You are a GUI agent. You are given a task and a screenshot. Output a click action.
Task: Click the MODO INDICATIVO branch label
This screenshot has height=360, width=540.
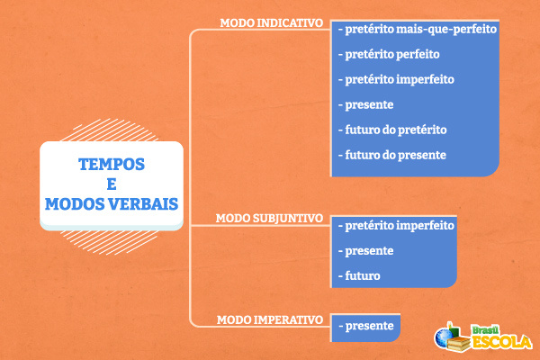point(271,22)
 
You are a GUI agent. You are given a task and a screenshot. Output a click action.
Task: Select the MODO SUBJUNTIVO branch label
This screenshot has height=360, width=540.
point(272,218)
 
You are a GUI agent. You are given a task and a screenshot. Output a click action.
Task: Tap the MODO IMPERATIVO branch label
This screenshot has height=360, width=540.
point(270,319)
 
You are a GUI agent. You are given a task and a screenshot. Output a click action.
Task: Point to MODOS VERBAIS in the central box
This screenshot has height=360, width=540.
point(112,203)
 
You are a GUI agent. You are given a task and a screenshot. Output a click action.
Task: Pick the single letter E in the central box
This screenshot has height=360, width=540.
point(112,184)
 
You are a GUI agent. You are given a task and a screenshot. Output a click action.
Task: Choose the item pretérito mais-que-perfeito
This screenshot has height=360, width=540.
point(417,29)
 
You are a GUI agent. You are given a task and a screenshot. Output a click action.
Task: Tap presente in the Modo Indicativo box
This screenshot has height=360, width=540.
point(366,104)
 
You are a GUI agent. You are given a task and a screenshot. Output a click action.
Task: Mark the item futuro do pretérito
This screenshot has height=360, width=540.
point(392,130)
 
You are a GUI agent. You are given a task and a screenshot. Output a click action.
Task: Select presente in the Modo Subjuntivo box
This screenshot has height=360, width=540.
point(366,250)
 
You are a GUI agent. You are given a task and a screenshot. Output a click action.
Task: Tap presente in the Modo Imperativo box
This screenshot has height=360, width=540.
point(366,326)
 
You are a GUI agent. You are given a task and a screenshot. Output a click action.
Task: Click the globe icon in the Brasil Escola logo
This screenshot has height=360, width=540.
point(444,337)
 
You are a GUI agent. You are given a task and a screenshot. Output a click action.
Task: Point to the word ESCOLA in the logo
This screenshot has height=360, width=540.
point(502,342)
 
